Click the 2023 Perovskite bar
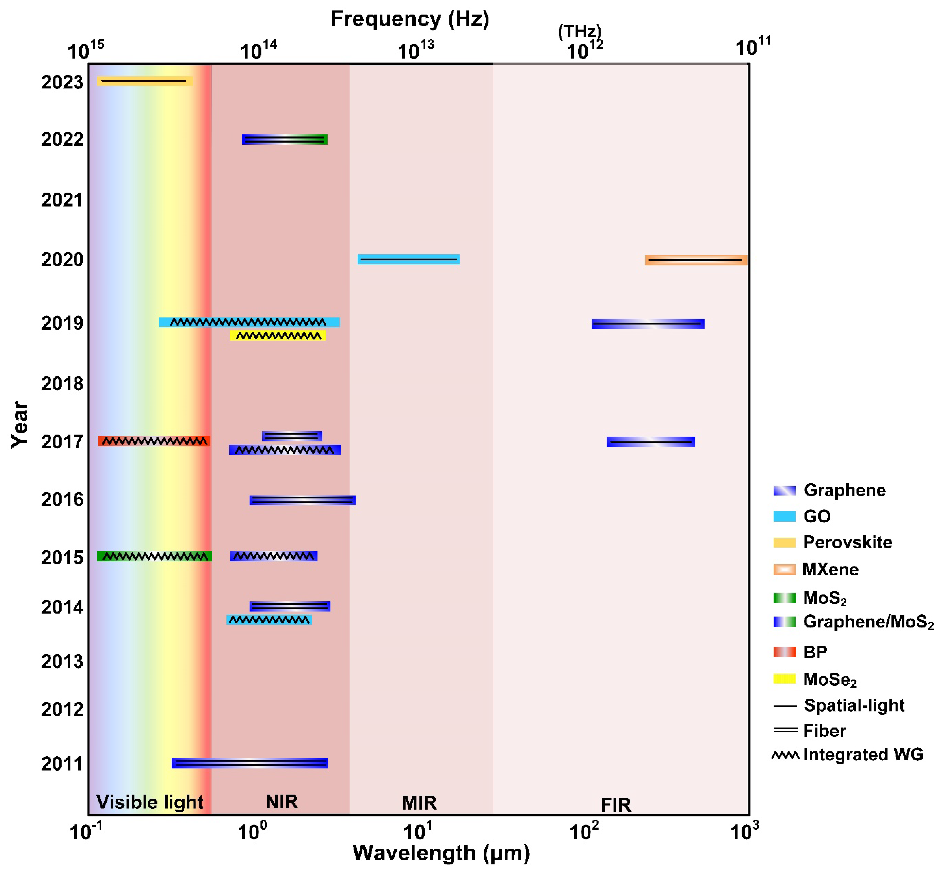point(144,81)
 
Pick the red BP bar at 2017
point(154,441)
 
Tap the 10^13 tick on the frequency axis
point(416,49)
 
